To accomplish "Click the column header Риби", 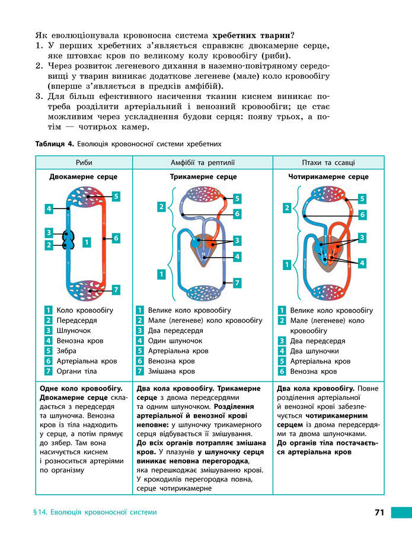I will [x=84, y=162].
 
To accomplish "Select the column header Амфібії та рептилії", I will [x=203, y=162].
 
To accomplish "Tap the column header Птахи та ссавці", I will [x=328, y=162].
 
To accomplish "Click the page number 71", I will [x=380, y=512].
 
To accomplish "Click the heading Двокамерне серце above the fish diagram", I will [x=83, y=177].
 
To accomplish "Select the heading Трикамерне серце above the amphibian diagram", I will [x=203, y=177].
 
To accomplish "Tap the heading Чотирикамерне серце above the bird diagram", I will [x=328, y=177].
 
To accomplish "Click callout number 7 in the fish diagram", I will [x=116, y=290].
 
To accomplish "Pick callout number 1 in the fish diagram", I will [x=87, y=242].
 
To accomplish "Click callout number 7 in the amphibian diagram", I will [x=237, y=283].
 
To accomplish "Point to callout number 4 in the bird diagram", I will [x=362, y=262].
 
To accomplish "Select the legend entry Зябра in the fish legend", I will [x=66, y=351].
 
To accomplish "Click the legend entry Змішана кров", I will [x=171, y=371].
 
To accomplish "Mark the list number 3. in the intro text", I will [x=39, y=96].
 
